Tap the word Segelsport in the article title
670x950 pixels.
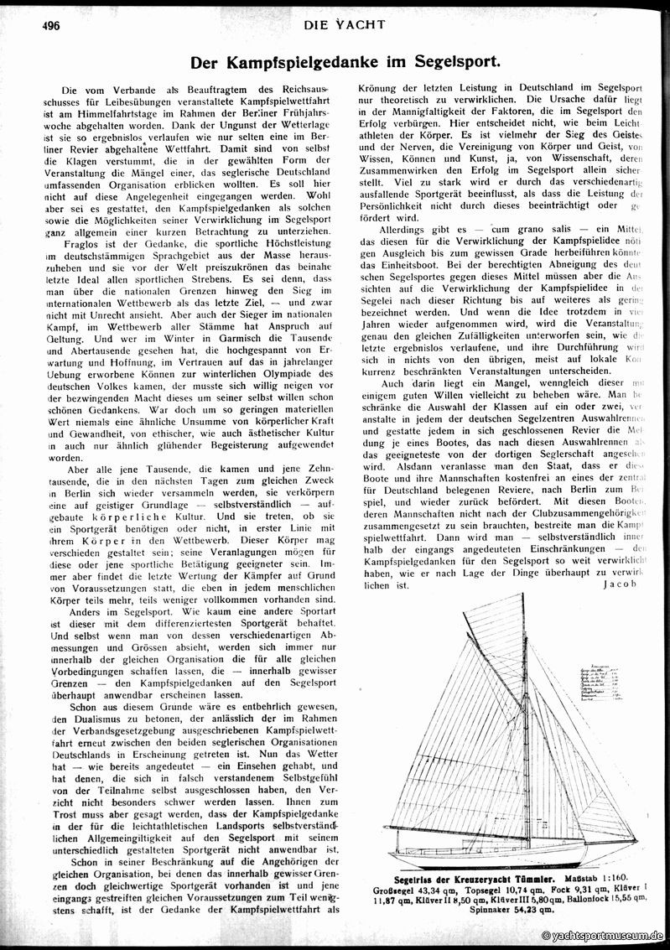point(454,62)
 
